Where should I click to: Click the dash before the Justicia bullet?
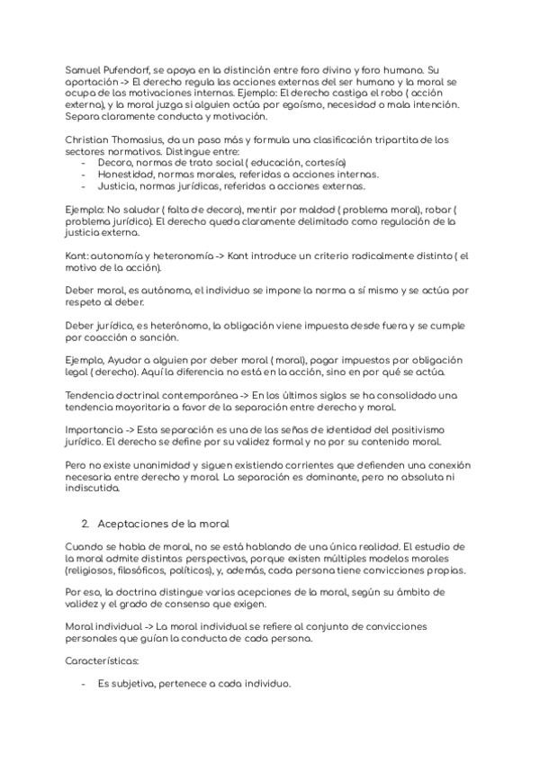click(84, 186)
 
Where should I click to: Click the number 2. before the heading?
click(85, 523)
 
